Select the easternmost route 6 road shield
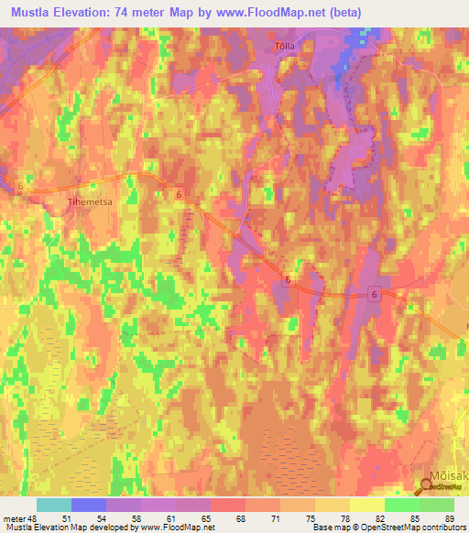[375, 292]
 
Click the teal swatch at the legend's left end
[53, 504]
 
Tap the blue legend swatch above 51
[88, 504]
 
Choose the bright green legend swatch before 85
[401, 504]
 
